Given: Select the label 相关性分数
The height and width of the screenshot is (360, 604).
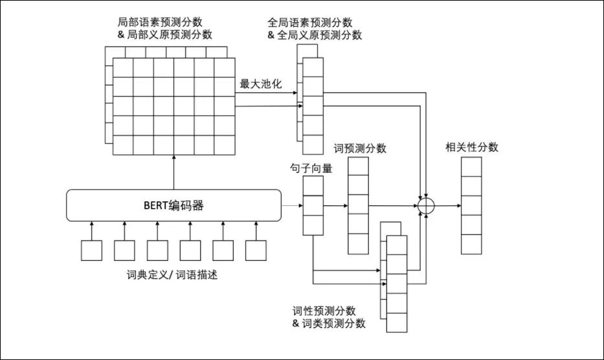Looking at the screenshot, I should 472,147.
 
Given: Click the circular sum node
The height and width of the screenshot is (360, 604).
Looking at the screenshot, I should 425,205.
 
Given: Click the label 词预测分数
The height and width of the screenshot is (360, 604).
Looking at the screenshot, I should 360,148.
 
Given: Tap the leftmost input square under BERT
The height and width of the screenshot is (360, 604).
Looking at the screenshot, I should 92,251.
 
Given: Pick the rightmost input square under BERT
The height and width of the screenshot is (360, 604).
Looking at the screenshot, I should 256,251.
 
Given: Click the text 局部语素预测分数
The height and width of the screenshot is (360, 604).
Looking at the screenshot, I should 161,23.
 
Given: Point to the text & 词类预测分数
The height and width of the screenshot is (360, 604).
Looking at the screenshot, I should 329,323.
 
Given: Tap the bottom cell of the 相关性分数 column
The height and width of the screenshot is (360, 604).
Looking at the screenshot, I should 471,243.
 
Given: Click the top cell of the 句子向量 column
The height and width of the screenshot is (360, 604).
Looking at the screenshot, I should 313,186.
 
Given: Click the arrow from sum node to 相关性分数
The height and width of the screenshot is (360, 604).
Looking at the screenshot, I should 447,205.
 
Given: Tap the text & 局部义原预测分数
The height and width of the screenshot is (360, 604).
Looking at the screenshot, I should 165,35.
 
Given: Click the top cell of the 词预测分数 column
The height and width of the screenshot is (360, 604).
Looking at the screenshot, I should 359,166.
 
